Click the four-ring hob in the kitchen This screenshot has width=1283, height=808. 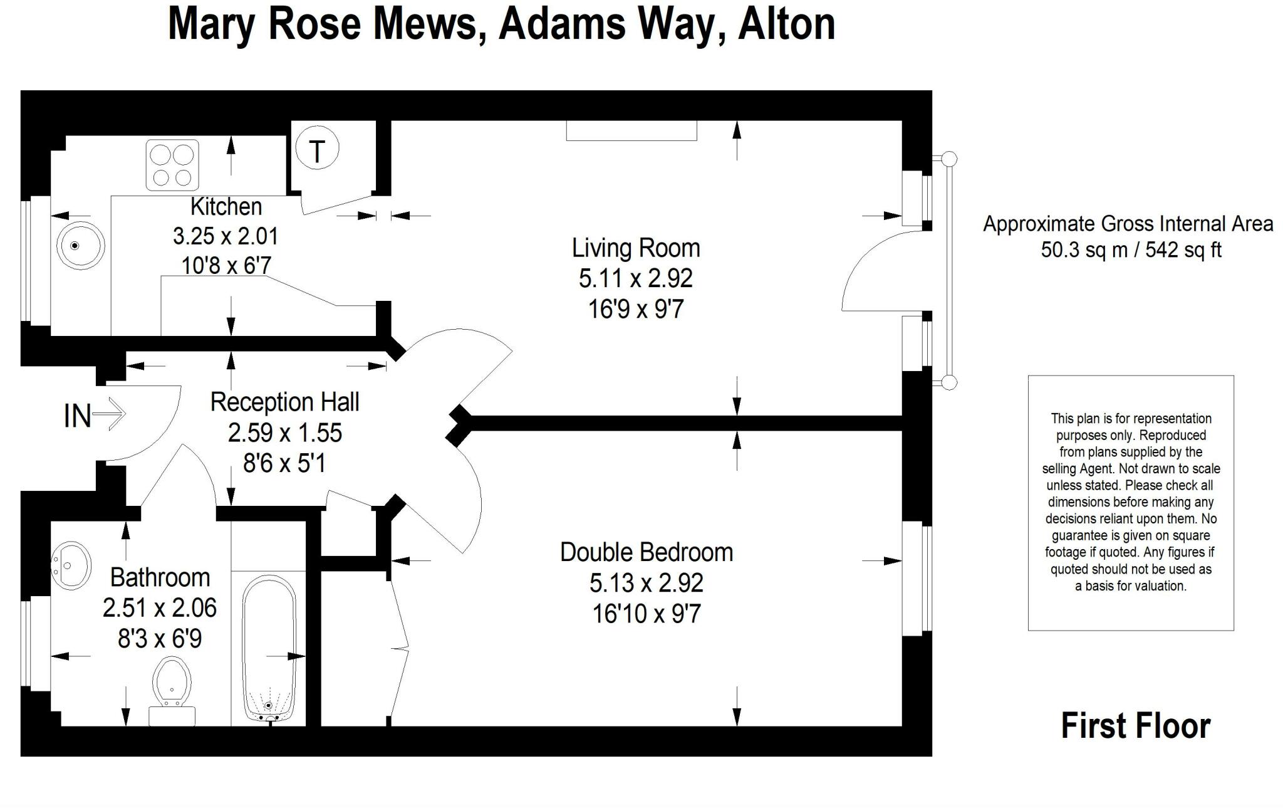pyautogui.click(x=172, y=165)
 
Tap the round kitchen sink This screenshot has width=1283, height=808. pyautogui.click(x=80, y=245)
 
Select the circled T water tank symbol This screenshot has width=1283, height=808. pyautogui.click(x=317, y=150)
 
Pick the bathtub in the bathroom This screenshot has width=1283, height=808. pyautogui.click(x=269, y=649)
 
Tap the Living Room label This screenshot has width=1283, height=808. pyautogui.click(x=635, y=248)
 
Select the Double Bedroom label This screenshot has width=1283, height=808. pyautogui.click(x=646, y=552)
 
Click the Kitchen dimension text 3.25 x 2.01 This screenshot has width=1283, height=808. pyautogui.click(x=226, y=236)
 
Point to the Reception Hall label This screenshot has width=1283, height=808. pyautogui.click(x=284, y=402)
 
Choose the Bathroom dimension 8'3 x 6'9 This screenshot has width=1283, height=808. pyautogui.click(x=160, y=639)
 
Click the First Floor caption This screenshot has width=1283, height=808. pyautogui.click(x=1135, y=726)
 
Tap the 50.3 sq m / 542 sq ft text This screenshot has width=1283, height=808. pyautogui.click(x=1131, y=250)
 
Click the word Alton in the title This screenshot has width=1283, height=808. pyautogui.click(x=786, y=25)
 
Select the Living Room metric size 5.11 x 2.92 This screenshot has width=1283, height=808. pyautogui.click(x=635, y=278)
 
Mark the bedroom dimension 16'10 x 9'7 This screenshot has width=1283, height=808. pyautogui.click(x=646, y=614)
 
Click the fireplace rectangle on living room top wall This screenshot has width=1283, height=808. pyautogui.click(x=631, y=130)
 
